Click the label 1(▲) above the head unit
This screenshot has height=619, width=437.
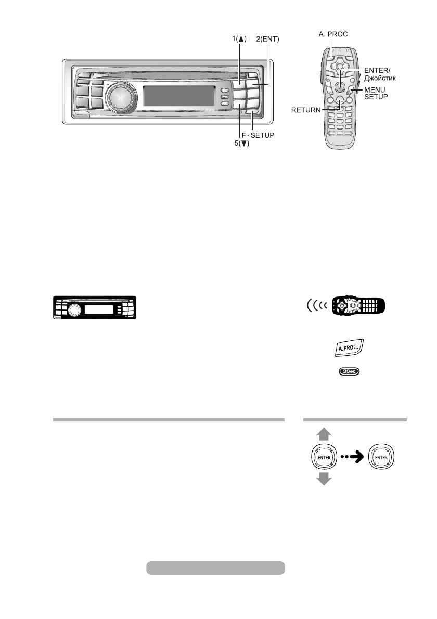[239, 39]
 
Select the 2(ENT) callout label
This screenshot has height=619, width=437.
[268, 39]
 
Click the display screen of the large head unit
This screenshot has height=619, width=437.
[178, 96]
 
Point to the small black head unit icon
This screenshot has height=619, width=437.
[94, 309]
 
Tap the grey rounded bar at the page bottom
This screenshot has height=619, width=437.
[215, 568]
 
